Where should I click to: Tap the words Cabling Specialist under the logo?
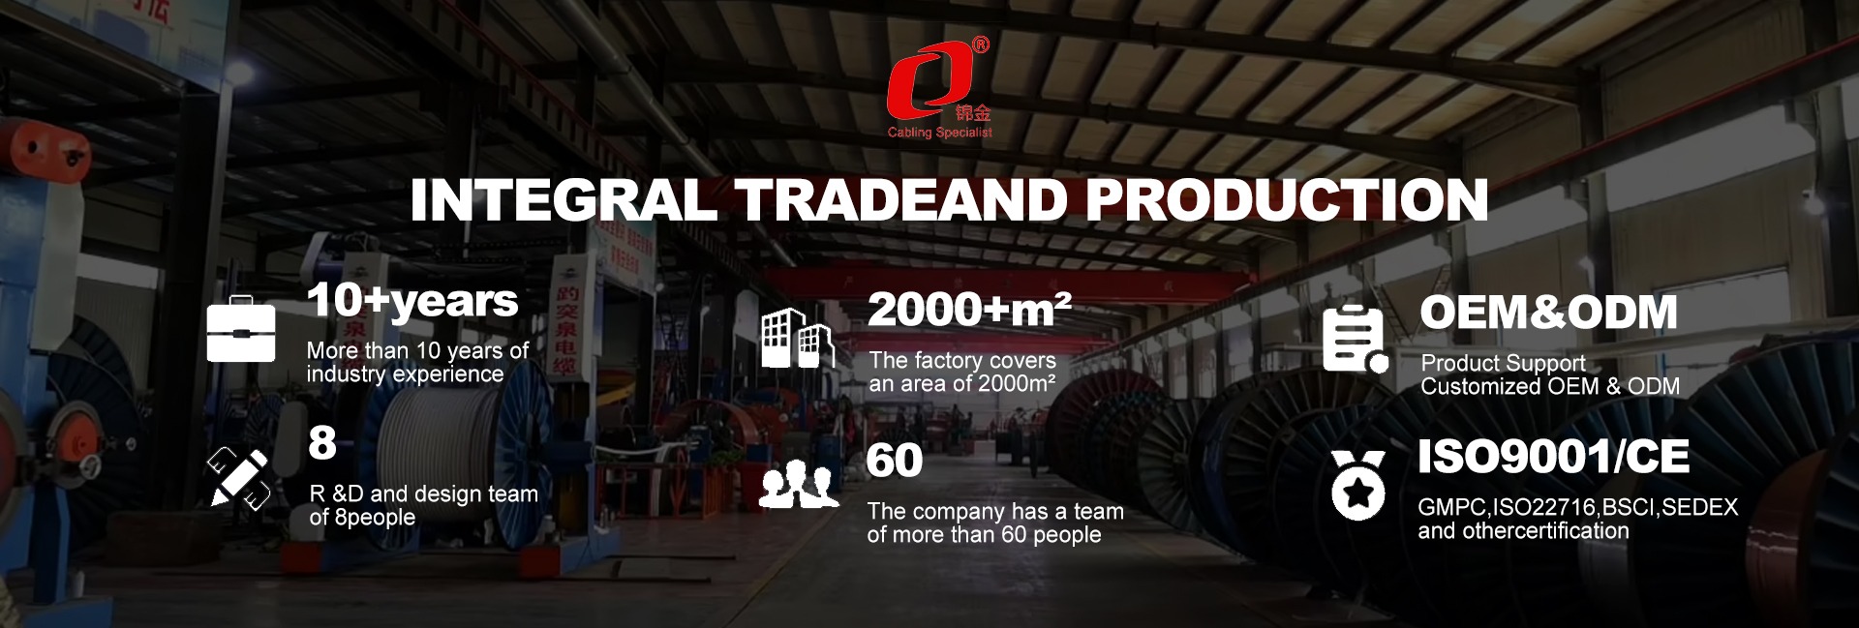coord(940,133)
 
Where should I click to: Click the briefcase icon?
coord(241,329)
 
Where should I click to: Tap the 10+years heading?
coord(412,301)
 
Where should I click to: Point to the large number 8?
coord(322,444)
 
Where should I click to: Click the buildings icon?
coord(799,338)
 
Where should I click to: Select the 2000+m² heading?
coord(969,310)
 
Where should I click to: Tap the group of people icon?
coord(799,484)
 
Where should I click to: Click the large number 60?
coord(895,461)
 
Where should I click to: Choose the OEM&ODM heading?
coord(1548,313)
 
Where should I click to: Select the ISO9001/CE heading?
coord(1553,457)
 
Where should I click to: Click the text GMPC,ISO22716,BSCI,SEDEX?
coord(1577,507)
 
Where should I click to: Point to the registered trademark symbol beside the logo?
coord(981,45)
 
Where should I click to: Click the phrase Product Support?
coord(1503,364)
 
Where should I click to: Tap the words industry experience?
coord(405,374)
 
